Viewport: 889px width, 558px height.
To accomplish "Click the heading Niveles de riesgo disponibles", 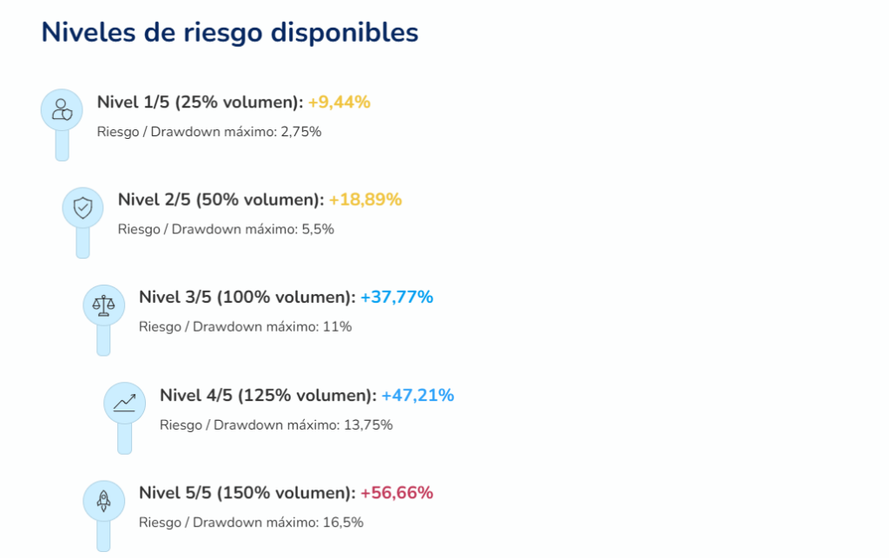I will [x=230, y=32].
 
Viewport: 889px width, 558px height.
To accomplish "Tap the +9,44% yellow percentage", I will [x=339, y=102].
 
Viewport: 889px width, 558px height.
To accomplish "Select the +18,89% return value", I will [x=365, y=200].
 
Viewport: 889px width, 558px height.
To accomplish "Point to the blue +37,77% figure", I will [x=396, y=297].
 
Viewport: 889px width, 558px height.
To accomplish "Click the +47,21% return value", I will [x=417, y=396].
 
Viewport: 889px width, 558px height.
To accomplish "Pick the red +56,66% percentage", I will [x=396, y=493].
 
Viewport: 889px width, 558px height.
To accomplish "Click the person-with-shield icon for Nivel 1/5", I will [x=62, y=110].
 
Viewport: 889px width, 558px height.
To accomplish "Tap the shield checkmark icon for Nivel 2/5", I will [x=82, y=207].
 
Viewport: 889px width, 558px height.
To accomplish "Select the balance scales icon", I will [x=103, y=305].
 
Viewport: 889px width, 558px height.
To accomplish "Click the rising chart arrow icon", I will [x=124, y=403].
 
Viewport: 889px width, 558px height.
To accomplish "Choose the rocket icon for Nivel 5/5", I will [x=103, y=501].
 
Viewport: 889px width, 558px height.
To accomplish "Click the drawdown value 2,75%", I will [x=301, y=132].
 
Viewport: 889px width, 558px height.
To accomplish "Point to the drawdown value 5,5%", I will [x=318, y=229].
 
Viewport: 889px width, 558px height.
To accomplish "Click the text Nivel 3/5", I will [x=175, y=297].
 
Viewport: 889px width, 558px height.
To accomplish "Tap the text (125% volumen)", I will [x=307, y=396].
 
